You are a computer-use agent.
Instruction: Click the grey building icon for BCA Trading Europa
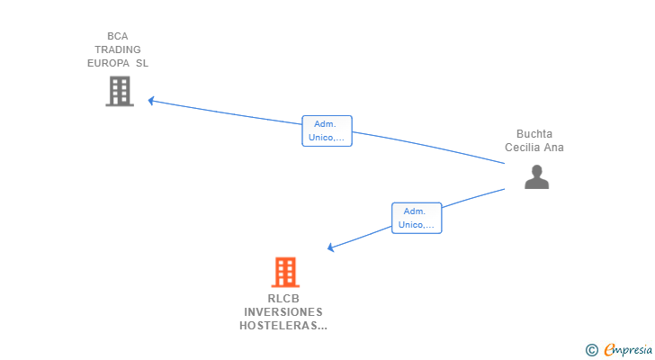(x=120, y=91)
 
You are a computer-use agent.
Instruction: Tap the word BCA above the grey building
(x=118, y=36)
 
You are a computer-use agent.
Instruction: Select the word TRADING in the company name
(x=118, y=49)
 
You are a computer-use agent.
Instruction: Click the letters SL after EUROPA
(x=142, y=63)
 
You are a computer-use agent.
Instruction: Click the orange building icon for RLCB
(x=285, y=272)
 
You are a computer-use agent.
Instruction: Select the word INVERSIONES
(x=283, y=312)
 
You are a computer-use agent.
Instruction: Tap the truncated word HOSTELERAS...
(x=283, y=326)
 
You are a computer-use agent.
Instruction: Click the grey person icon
(x=536, y=177)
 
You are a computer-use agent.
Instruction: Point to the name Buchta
(x=534, y=134)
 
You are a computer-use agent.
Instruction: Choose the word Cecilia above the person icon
(x=525, y=148)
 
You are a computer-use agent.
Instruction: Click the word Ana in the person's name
(x=555, y=148)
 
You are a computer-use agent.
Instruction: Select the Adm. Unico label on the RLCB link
(x=417, y=218)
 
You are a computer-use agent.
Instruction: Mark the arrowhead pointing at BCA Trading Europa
(x=153, y=101)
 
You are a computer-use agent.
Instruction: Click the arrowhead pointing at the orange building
(x=331, y=247)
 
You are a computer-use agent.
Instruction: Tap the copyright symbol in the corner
(x=591, y=350)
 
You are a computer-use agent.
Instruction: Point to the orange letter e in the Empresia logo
(x=609, y=350)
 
